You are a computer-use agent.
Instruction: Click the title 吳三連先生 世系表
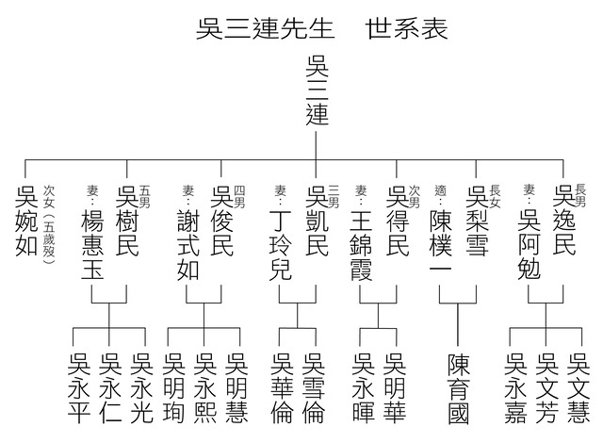316,27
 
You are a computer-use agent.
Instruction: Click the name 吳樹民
126,223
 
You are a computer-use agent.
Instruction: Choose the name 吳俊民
220,223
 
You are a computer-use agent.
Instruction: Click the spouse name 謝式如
188,239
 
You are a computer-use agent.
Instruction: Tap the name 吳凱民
316,223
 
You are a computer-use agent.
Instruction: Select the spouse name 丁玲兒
282,239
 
